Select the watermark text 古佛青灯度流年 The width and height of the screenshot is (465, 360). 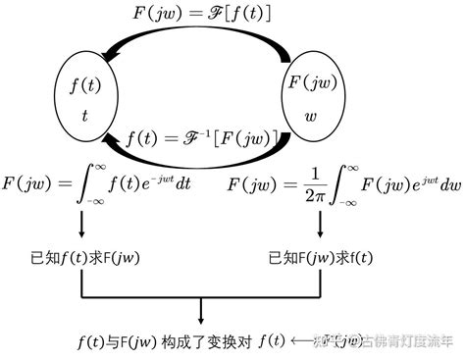[407, 342]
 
